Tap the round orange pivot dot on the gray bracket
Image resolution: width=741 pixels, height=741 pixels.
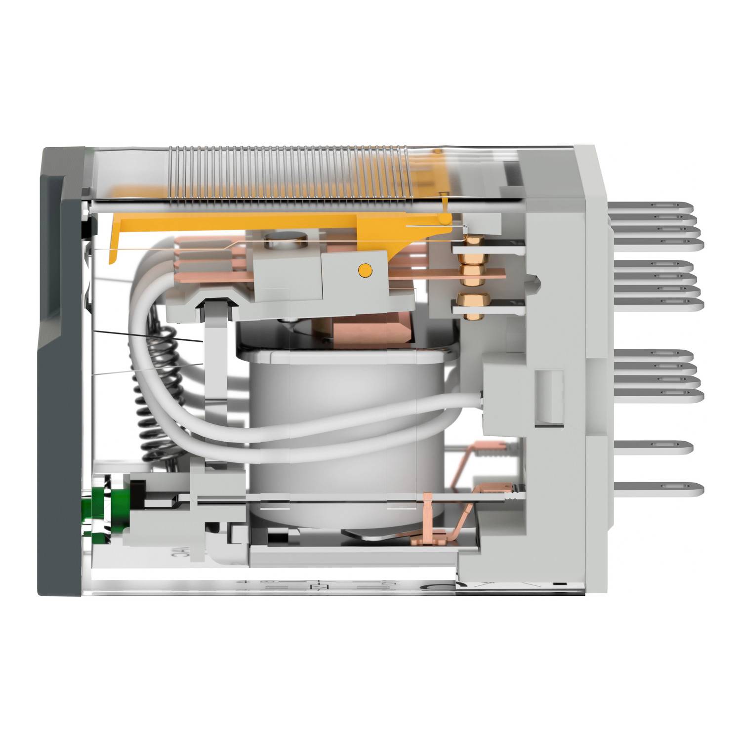coord(364,270)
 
